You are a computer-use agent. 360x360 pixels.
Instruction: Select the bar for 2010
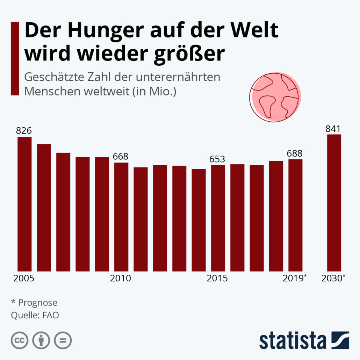click(x=121, y=217)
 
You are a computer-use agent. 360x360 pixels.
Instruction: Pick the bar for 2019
click(x=295, y=215)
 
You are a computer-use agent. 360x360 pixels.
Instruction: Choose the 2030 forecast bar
click(x=334, y=203)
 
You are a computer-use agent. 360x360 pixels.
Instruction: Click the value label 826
click(x=24, y=131)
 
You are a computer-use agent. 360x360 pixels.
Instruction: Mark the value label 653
click(x=217, y=159)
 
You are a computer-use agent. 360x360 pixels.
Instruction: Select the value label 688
click(x=295, y=153)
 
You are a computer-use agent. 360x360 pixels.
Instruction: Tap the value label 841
click(x=333, y=128)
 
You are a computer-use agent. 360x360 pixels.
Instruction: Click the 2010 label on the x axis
click(x=121, y=279)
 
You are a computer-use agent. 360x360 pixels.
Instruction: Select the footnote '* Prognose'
click(x=34, y=302)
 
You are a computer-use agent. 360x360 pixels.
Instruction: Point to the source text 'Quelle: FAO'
click(x=35, y=315)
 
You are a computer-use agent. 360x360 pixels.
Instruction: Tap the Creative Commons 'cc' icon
click(x=20, y=340)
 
